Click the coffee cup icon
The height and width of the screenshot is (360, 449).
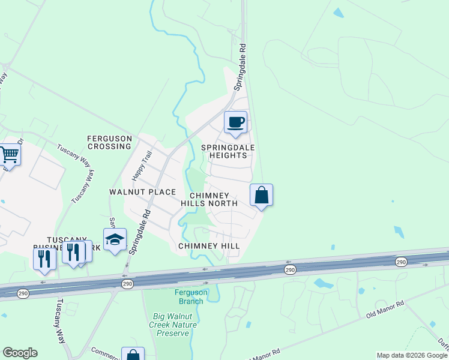click(235, 122)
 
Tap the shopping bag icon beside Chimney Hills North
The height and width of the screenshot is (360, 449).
click(261, 196)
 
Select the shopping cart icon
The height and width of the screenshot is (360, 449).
click(10, 155)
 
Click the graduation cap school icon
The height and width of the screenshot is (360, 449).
click(115, 239)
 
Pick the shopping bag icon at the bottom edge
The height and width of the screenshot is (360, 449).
click(133, 355)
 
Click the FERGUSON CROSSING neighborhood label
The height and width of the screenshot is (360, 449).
click(109, 142)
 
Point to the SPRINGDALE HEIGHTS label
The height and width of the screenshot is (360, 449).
click(228, 151)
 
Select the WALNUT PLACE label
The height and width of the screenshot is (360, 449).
click(142, 192)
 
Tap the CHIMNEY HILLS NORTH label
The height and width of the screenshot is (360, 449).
click(209, 200)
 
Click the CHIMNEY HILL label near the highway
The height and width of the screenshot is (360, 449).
click(209, 246)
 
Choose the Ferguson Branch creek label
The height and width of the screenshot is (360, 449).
click(189, 296)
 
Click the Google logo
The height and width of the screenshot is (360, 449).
click(20, 353)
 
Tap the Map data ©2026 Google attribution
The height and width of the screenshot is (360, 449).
click(411, 355)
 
